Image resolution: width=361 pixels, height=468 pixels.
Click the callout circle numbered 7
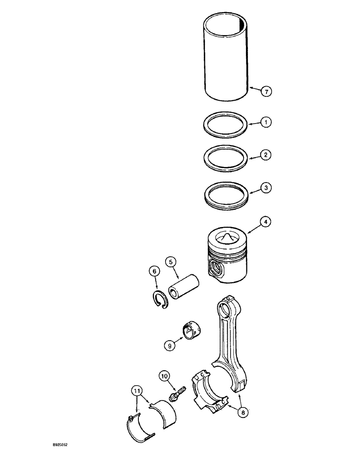pos(266,92)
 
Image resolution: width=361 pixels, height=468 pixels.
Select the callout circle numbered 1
pos(265,123)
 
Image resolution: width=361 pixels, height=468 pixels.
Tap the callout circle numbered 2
pos(265,154)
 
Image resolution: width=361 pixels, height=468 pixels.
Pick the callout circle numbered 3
pos(265,188)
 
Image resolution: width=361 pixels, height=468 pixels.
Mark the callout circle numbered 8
pos(242,412)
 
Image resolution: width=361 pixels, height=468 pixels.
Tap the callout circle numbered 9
pos(170,345)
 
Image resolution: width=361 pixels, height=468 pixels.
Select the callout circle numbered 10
pos(164,375)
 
